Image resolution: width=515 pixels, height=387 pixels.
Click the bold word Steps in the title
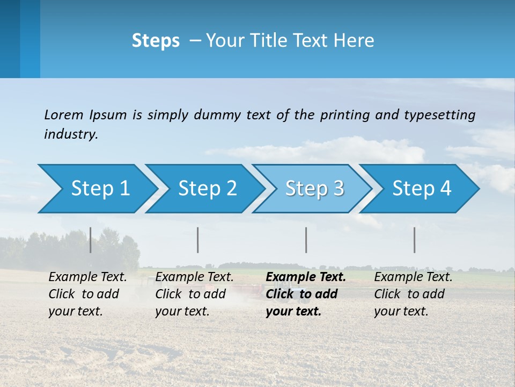click(x=156, y=41)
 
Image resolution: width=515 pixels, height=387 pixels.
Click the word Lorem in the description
click(x=64, y=115)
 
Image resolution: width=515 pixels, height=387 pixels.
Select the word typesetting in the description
click(x=439, y=115)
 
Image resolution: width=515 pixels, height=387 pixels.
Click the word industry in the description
click(x=71, y=134)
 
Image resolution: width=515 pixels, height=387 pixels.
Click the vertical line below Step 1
click(x=91, y=240)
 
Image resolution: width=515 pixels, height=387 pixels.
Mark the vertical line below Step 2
click(x=198, y=240)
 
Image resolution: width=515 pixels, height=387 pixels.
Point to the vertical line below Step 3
click(x=306, y=240)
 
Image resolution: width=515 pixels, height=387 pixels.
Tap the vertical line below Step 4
click(x=415, y=240)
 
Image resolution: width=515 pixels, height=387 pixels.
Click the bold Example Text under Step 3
click(x=306, y=277)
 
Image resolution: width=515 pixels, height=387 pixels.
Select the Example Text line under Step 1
click(x=87, y=277)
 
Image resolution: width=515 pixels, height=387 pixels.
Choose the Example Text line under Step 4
click(x=413, y=277)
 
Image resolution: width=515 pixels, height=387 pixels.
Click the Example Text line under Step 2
click(x=194, y=277)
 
